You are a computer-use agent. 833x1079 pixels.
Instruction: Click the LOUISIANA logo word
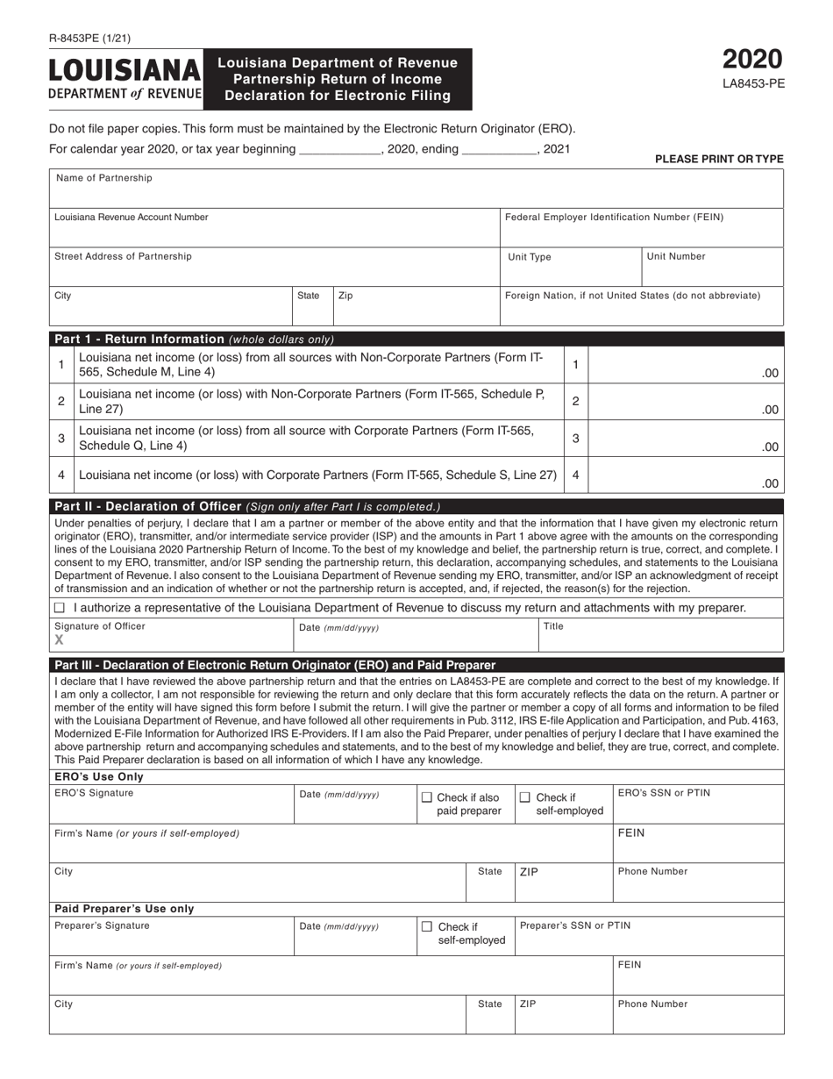pyautogui.click(x=125, y=70)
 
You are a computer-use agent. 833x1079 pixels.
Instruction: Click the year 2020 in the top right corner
pyautogui.click(x=752, y=60)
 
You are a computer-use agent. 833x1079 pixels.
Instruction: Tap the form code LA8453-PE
pyautogui.click(x=752, y=85)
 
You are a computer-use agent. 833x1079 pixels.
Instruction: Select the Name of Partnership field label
pyautogui.click(x=103, y=178)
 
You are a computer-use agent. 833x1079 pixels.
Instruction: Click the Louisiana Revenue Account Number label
pyautogui.click(x=132, y=217)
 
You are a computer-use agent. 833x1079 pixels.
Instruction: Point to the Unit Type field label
pyautogui.click(x=530, y=257)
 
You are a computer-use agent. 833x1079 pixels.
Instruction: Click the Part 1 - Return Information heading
pyautogui.click(x=139, y=339)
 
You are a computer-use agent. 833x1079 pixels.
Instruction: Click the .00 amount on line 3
pyautogui.click(x=769, y=447)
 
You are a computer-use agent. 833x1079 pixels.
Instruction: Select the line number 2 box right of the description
pyautogui.click(x=575, y=401)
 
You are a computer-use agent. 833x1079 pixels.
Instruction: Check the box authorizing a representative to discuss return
pyautogui.click(x=60, y=608)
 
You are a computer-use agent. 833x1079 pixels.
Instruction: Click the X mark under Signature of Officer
pyautogui.click(x=60, y=640)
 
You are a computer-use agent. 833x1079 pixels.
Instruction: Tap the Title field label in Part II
pyautogui.click(x=553, y=626)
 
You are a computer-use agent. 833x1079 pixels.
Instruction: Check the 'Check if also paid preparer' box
pyautogui.click(x=427, y=797)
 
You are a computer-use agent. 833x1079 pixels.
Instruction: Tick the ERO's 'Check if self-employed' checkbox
pyautogui.click(x=525, y=797)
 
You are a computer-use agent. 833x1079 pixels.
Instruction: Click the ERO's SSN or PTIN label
pyautogui.click(x=664, y=793)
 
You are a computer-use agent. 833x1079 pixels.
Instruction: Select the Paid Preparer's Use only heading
pyautogui.click(x=125, y=909)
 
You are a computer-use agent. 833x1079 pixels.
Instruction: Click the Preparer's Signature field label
pyautogui.click(x=102, y=925)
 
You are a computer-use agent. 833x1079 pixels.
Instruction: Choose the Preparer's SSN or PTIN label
pyautogui.click(x=574, y=925)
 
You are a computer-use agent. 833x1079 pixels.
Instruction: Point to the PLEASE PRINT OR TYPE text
pyautogui.click(x=719, y=159)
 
